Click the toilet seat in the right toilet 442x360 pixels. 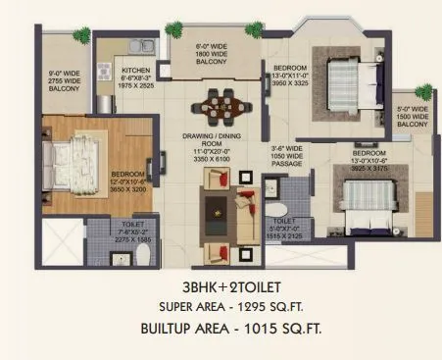(277, 209)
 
